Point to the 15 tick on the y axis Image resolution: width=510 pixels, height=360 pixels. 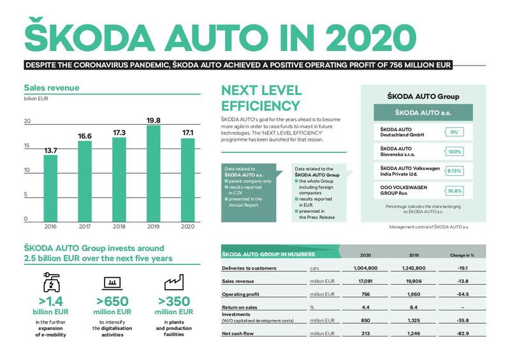tap(27, 146)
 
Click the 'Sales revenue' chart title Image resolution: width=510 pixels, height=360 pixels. tap(52, 89)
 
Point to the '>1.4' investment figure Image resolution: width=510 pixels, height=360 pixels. tap(51, 301)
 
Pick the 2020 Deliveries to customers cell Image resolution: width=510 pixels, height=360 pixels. tap(361, 268)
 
